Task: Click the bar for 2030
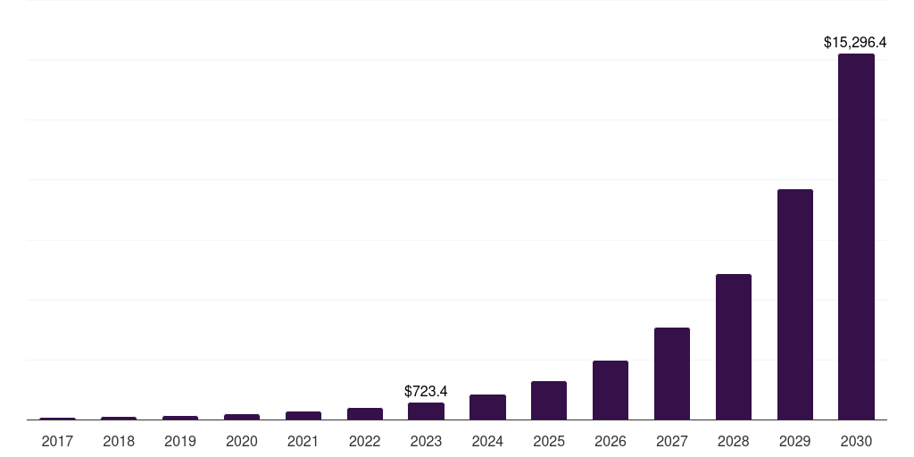[x=856, y=237]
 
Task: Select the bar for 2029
[x=794, y=304]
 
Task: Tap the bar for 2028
[x=733, y=346]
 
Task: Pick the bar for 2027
[x=671, y=373]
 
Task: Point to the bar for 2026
[x=610, y=390]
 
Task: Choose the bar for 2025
[x=548, y=400]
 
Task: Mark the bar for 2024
[x=487, y=407]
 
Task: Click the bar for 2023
[x=426, y=411]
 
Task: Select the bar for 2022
[x=364, y=413]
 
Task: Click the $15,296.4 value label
[x=854, y=42]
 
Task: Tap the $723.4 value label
[x=426, y=391]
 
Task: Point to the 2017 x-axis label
[x=57, y=441]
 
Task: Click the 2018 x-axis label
[x=119, y=441]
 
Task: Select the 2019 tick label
[x=180, y=441]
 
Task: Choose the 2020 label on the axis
[x=242, y=441]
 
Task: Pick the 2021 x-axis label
[x=303, y=441]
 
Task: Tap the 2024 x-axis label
[x=487, y=441]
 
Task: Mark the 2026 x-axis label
[x=610, y=441]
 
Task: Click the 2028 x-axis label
[x=733, y=441]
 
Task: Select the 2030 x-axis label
[x=856, y=441]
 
